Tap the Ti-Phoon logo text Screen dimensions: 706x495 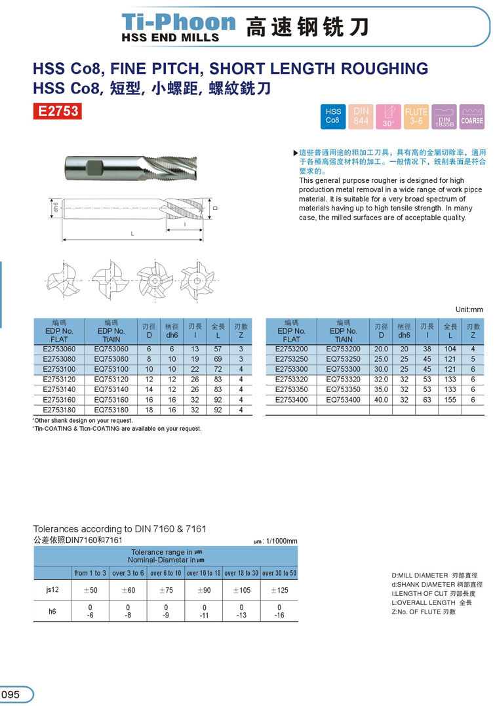[x=179, y=22]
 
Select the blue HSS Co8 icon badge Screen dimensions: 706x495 [x=333, y=116]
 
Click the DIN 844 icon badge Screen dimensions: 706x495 [x=361, y=116]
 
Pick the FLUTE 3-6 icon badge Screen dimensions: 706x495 [x=416, y=116]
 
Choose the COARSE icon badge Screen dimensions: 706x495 [x=472, y=116]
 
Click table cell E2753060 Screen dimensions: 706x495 [x=59, y=349]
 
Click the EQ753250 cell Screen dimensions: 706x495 [x=343, y=359]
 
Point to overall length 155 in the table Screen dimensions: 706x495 [x=450, y=399]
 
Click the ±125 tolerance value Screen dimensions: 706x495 [x=279, y=590]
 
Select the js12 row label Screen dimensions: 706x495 [x=52, y=590]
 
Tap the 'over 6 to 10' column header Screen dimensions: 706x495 [x=165, y=573]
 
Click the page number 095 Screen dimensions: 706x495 [x=11, y=695]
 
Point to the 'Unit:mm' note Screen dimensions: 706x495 [x=469, y=309]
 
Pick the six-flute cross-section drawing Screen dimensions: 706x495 [x=197, y=281]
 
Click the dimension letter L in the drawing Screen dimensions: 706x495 [x=132, y=234]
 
